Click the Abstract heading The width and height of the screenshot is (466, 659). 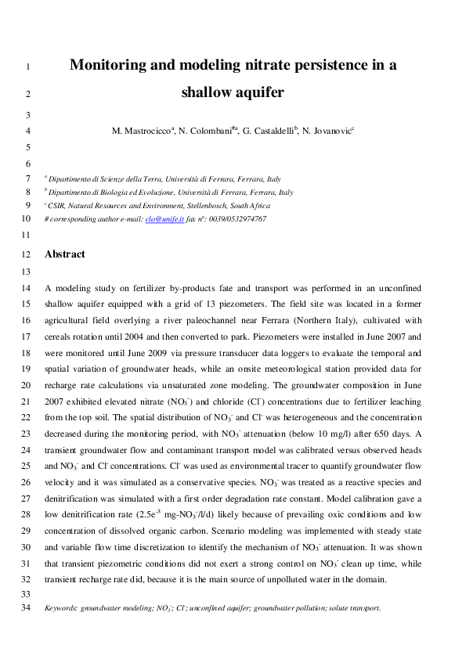point(65,254)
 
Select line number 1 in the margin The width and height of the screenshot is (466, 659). point(27,67)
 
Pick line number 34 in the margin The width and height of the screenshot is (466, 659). point(25,607)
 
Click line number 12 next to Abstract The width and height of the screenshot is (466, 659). point(25,255)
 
